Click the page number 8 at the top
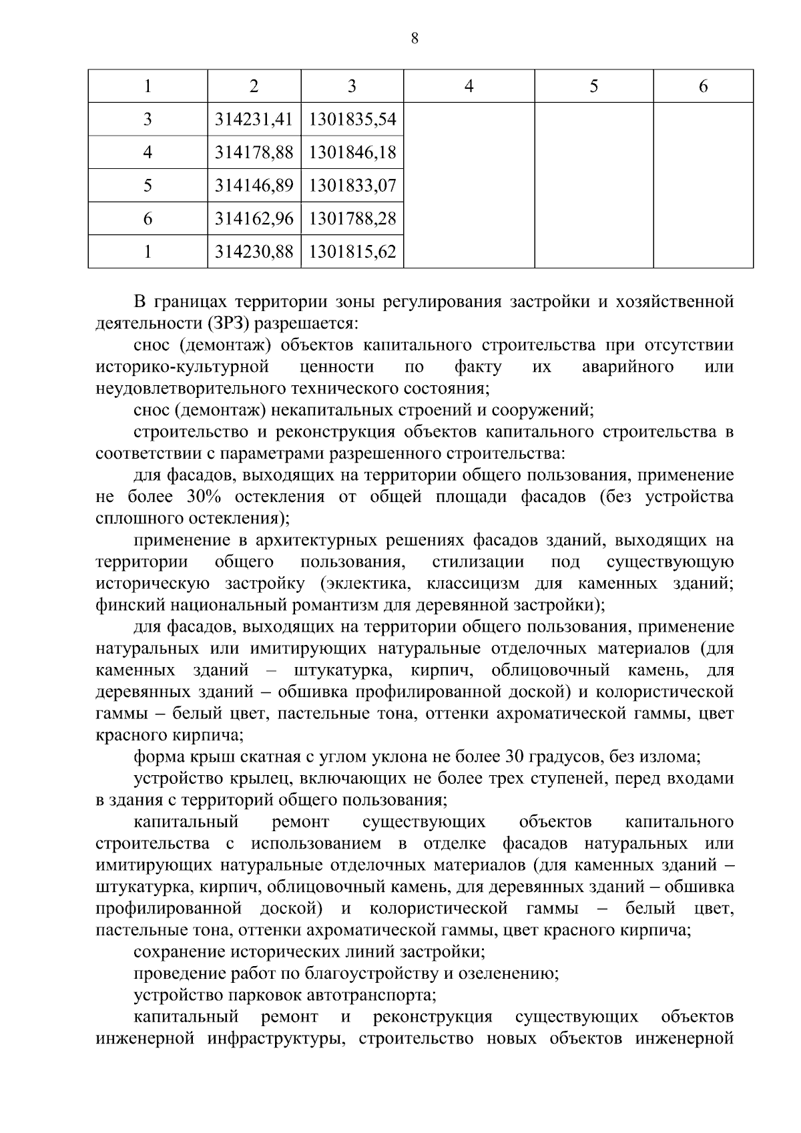[x=415, y=39]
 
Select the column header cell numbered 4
[x=469, y=86]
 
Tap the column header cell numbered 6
[x=703, y=86]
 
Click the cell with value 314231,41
[x=254, y=120]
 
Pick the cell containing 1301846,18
[x=352, y=153]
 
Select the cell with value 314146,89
[x=254, y=186]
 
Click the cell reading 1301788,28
[x=352, y=218]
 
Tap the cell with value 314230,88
[x=254, y=252]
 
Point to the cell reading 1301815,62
[x=352, y=252]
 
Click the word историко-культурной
[x=182, y=367]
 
